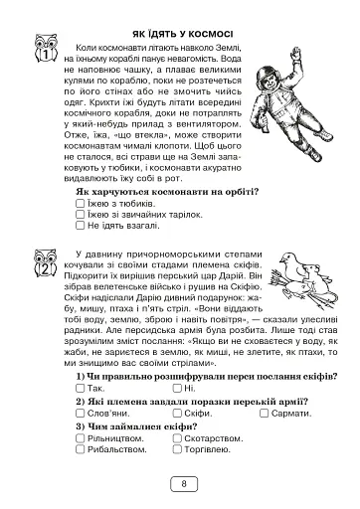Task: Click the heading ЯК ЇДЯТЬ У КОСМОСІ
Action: [x=179, y=30]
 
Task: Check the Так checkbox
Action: [x=80, y=387]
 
